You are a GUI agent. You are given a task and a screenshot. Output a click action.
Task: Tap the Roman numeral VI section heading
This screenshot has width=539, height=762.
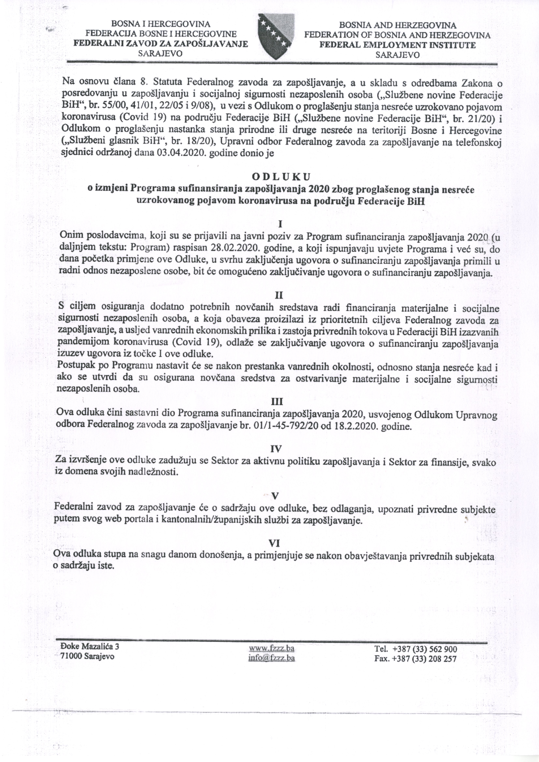point(274,543)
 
